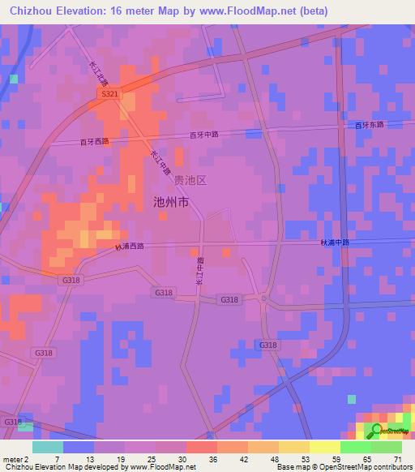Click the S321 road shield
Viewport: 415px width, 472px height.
(110, 95)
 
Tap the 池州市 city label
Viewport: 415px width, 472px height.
(171, 202)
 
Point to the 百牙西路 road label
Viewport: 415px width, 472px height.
(94, 141)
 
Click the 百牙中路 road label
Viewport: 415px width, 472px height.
(205, 135)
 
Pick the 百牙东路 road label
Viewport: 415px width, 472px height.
(369, 125)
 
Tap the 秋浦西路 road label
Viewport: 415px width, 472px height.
(129, 246)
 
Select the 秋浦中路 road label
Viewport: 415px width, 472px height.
(334, 242)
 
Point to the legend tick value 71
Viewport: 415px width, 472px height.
(396, 457)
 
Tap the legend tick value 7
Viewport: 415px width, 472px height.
(57, 457)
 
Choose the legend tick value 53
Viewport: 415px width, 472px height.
(293, 457)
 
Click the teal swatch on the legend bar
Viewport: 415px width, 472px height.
(48, 447)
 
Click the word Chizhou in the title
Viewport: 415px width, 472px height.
(32, 12)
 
